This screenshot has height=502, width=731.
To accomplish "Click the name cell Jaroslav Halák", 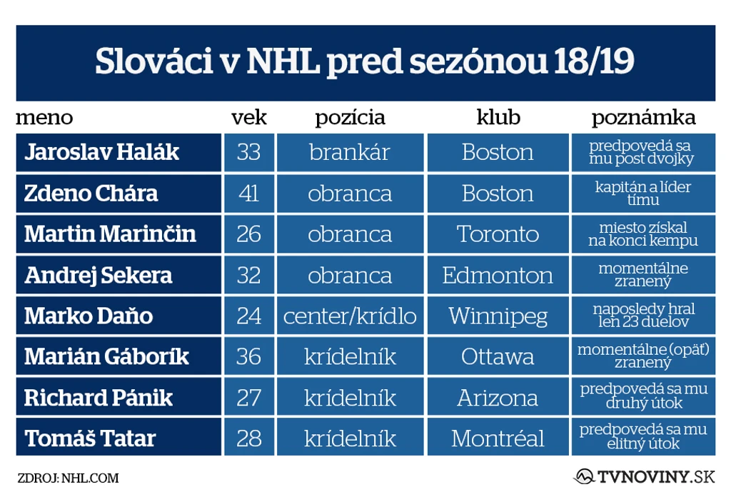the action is tap(119, 153).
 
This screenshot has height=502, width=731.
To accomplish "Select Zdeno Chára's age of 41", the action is tap(249, 194).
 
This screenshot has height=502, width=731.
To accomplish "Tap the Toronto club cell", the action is tap(498, 234).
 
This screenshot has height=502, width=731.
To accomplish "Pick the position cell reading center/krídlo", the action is tap(350, 316).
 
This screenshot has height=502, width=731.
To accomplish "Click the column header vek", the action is tap(249, 117).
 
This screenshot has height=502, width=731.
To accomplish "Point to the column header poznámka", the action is tap(643, 118).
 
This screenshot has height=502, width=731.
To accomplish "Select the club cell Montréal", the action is tap(498, 438).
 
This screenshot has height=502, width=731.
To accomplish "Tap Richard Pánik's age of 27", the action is tap(249, 398).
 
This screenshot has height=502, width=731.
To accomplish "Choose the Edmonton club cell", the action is tap(498, 275).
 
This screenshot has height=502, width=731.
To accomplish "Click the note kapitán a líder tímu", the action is tap(643, 194).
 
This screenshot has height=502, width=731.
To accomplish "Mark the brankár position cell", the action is tap(350, 153).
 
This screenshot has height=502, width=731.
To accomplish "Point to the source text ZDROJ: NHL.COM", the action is tap(68, 478).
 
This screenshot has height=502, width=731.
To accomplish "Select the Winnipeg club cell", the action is tap(498, 316).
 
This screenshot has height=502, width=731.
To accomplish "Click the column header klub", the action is tap(498, 117).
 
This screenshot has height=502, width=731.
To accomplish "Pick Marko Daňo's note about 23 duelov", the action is tap(643, 316).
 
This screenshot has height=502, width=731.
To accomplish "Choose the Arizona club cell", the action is tap(498, 398).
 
